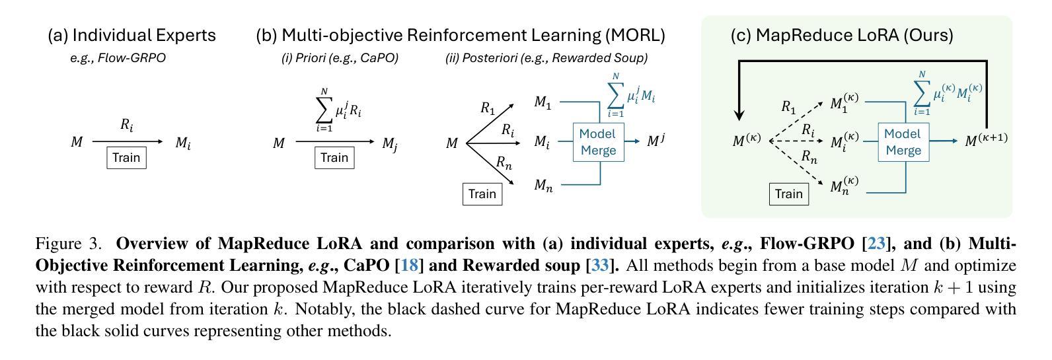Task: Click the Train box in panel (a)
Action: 126,158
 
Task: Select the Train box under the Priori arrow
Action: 334,158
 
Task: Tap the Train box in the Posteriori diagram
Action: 482,194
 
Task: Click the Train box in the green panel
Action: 788,194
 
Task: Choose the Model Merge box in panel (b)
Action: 597,142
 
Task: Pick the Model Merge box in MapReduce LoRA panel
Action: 903,142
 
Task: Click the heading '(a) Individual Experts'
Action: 131,35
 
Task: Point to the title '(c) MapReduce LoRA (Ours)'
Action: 841,35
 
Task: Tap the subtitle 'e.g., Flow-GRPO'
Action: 118,58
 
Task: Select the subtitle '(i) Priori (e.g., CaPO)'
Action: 340,58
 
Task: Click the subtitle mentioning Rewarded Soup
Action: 546,58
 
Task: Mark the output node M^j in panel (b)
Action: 656,141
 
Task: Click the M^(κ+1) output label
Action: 986,140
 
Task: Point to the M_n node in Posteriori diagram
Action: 543,186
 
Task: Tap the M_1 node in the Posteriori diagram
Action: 543,103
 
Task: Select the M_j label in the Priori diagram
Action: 389,143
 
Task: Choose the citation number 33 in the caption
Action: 600,266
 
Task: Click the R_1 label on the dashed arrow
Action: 788,106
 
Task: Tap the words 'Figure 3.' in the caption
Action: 69,244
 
